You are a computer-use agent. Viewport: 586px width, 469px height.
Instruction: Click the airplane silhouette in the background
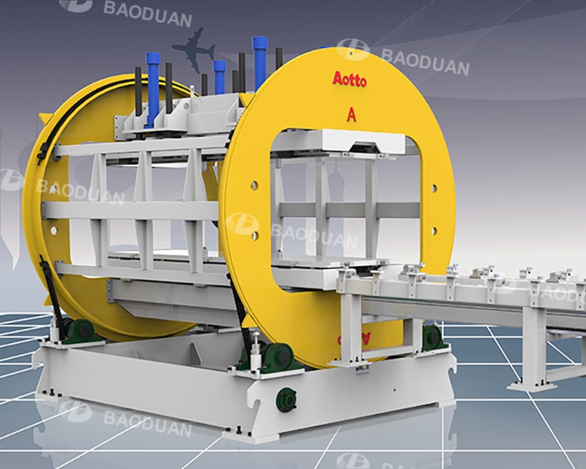193,53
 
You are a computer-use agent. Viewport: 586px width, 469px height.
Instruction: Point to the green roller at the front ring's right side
431,337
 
